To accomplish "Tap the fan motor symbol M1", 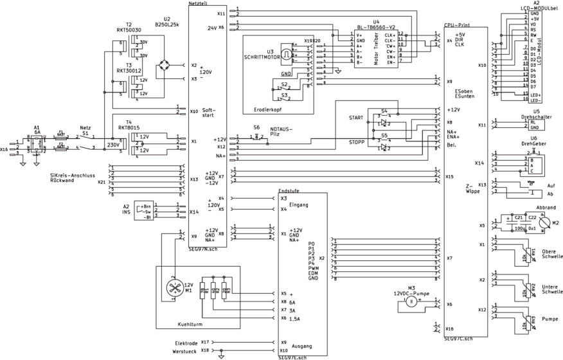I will tap(172, 289).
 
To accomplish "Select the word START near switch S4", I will tap(357, 118).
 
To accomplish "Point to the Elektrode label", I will tap(186, 343).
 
